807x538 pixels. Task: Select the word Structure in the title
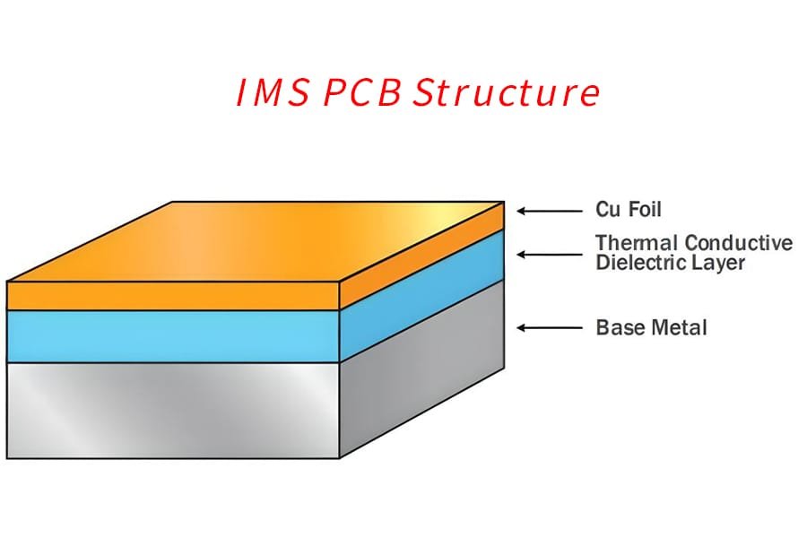[x=507, y=94]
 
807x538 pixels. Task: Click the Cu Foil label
[x=629, y=210]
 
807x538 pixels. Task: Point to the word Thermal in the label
[x=636, y=243]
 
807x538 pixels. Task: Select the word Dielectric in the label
[x=636, y=263]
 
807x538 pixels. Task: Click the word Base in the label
[x=617, y=327]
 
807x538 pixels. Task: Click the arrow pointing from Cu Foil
[x=550, y=211]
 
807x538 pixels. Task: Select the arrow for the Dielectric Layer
[x=550, y=254]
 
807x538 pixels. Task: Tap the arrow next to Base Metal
[x=550, y=328]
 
